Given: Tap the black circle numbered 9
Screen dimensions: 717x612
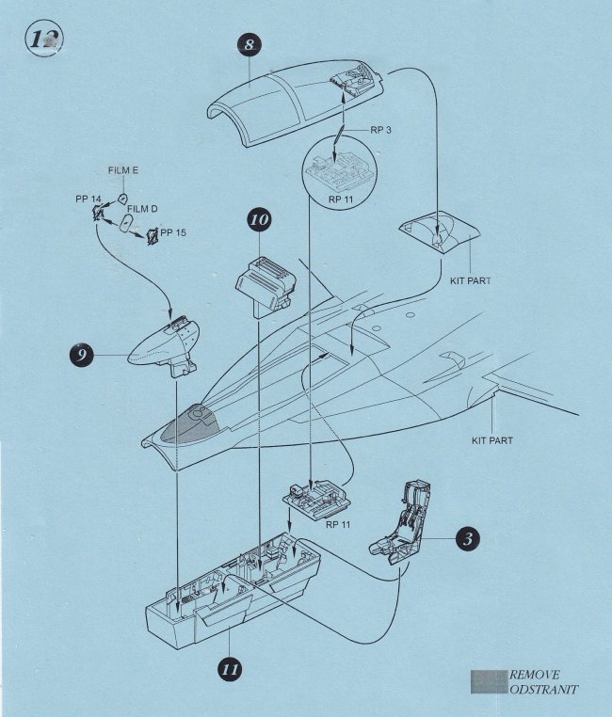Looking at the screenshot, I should (x=83, y=356).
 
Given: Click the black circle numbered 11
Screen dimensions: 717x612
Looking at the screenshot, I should (x=228, y=669).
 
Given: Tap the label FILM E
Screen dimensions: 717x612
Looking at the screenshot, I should (x=123, y=169).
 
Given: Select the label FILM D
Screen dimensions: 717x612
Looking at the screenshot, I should (x=142, y=208).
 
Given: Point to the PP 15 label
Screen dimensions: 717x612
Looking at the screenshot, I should (x=174, y=231).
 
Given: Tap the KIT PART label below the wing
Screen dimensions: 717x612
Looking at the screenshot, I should (x=494, y=439).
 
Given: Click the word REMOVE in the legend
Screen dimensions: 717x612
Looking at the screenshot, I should (x=535, y=675).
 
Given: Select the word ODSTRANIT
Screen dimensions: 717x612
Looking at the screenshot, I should (x=543, y=691).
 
